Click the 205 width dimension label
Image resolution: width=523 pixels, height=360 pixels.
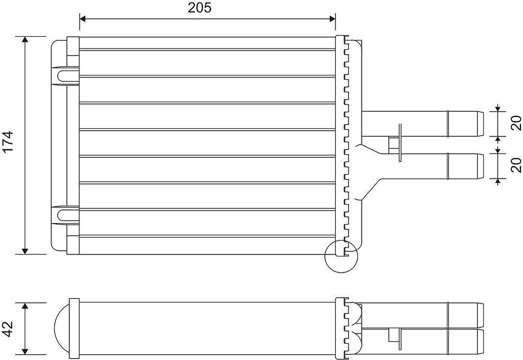pos(200,7)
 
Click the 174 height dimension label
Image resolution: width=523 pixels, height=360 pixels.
pos(8,141)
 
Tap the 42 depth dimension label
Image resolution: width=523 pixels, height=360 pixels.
pos(8,329)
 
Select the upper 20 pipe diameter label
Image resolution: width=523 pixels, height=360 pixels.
pos(516,123)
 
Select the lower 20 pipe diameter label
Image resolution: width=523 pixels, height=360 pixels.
pos(516,165)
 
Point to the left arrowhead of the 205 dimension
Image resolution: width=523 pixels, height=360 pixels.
pos(83,18)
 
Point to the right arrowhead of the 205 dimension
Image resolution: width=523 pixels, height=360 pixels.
pos(332,18)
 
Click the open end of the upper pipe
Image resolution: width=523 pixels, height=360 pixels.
pos(480,124)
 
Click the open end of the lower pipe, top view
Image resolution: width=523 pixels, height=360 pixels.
pos(480,166)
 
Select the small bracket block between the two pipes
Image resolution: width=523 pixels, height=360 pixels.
pos(394,145)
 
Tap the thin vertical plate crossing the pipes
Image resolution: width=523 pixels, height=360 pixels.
pos(399,142)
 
